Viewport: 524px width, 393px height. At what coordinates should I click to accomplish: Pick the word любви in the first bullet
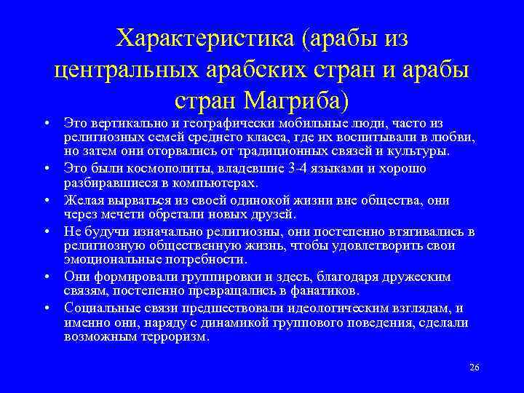point(458,136)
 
